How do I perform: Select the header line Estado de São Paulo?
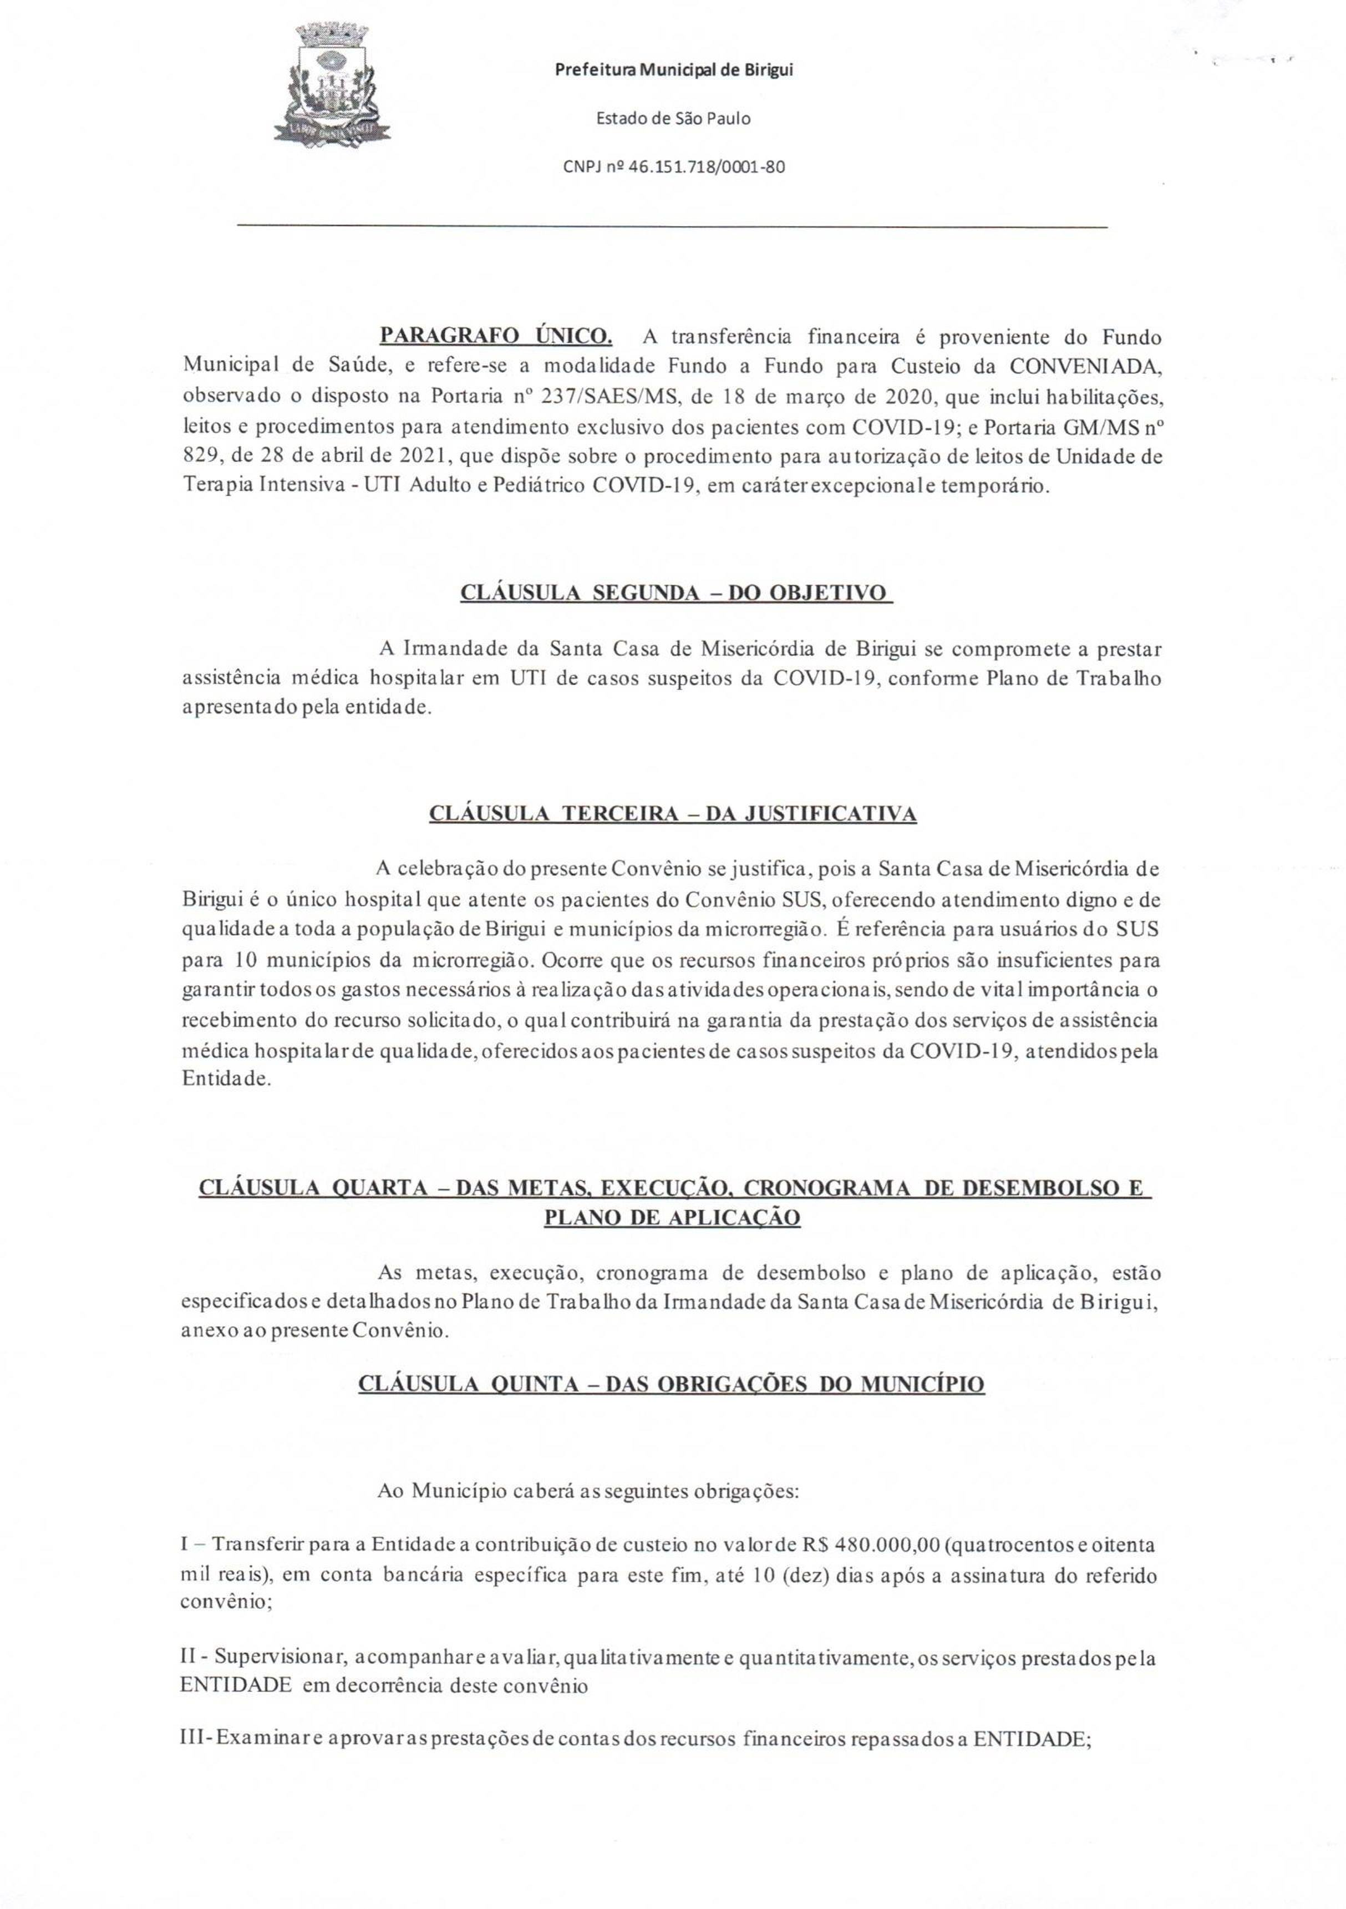click(x=673, y=118)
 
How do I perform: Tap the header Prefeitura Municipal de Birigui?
click(x=673, y=70)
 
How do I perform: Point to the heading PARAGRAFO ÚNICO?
click(x=495, y=335)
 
